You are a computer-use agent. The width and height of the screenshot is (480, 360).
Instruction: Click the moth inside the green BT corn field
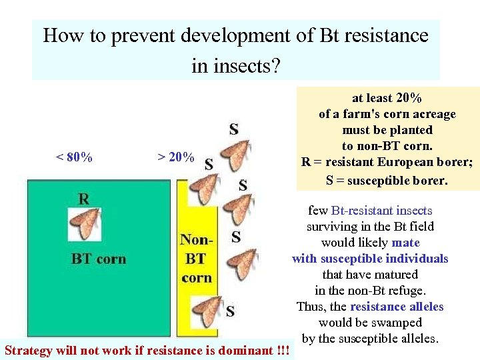85,225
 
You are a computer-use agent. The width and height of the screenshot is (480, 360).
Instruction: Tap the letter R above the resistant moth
84,198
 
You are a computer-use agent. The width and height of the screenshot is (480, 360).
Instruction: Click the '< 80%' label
74,157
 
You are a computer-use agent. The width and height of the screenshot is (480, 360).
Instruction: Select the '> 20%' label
176,157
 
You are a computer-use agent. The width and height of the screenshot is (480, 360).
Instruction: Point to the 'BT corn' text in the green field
99,259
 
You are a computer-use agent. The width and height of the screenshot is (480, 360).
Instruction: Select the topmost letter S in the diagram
234,128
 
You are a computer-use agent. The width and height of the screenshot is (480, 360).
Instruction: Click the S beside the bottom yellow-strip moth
230,311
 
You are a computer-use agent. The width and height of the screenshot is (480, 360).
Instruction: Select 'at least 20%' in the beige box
387,98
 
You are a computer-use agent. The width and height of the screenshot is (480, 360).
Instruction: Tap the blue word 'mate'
406,243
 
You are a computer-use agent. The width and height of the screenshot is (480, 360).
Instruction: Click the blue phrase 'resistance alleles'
397,307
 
